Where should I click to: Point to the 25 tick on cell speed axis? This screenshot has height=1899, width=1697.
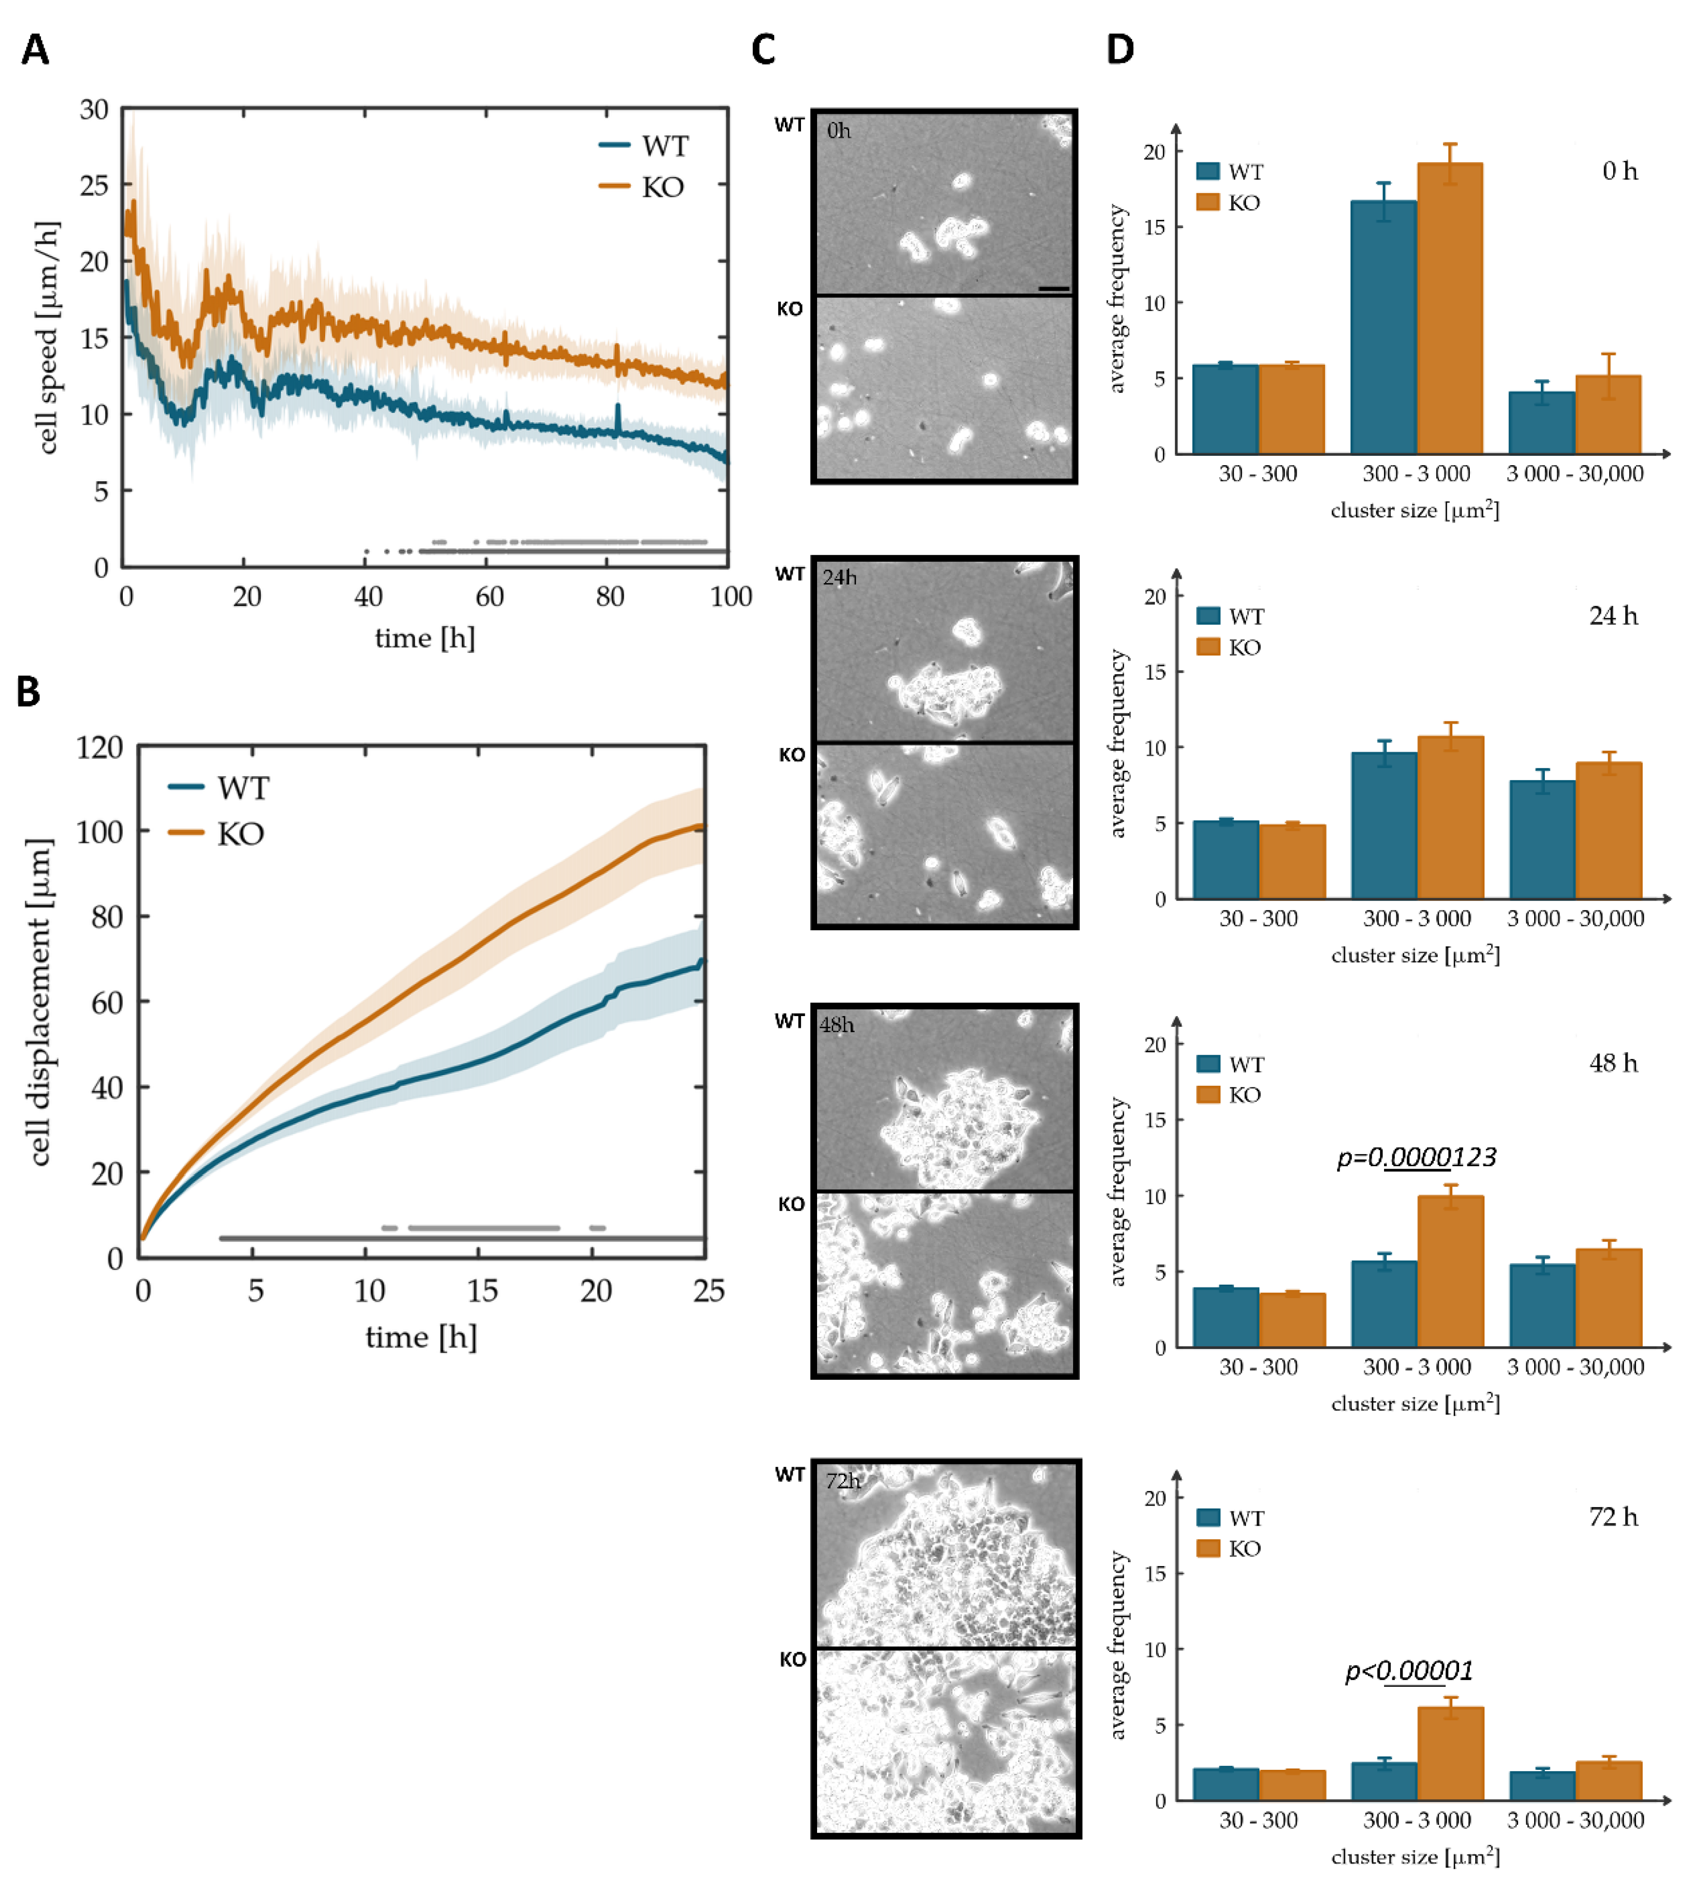94,186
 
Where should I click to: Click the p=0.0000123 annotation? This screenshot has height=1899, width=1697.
1415,1157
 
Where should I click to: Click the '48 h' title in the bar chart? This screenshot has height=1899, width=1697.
1613,1063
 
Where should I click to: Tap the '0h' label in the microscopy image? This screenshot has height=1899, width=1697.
838,131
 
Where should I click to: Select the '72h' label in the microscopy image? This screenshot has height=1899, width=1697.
842,1480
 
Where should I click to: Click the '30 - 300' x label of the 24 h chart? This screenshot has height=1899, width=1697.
1258,918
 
